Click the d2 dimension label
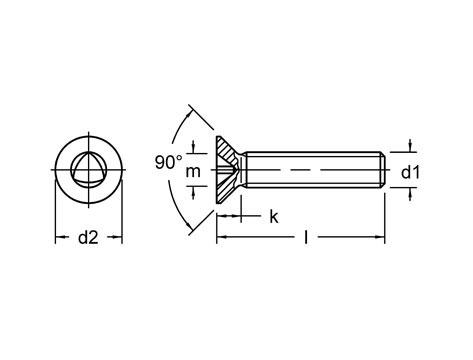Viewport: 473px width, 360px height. (88, 238)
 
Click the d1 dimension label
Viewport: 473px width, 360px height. (411, 173)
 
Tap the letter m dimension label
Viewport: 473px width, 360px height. (193, 172)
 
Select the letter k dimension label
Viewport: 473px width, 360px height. (274, 217)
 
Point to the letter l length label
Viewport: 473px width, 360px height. (306, 237)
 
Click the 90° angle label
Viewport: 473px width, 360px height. (169, 162)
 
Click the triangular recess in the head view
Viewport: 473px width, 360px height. (89, 169)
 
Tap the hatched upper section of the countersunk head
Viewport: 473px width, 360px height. (226, 149)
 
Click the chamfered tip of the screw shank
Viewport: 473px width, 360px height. (383, 170)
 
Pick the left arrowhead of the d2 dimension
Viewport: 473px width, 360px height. (60, 237)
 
